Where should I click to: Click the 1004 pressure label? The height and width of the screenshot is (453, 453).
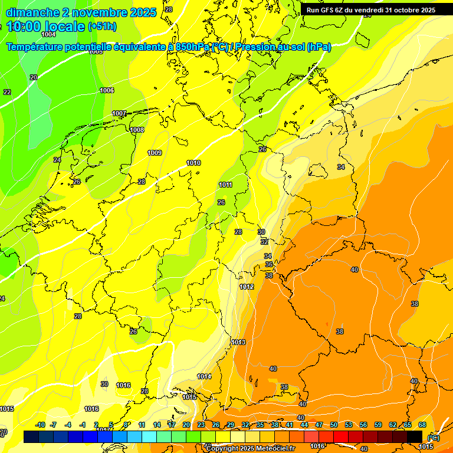click(48, 35)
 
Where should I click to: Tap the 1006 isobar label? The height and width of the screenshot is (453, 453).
click(107, 90)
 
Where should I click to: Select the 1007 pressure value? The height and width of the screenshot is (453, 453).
click(119, 113)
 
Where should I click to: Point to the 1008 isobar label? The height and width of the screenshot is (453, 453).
click(137, 130)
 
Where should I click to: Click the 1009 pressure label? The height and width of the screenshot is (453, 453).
click(155, 153)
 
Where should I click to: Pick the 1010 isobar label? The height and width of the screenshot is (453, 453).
click(193, 163)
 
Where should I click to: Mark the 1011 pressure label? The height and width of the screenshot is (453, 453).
click(225, 185)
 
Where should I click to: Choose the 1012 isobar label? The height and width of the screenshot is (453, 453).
click(247, 287)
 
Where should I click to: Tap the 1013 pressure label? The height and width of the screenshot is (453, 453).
click(238, 342)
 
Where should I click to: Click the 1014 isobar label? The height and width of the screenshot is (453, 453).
click(204, 376)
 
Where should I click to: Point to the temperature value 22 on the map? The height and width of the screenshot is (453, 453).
click(7, 92)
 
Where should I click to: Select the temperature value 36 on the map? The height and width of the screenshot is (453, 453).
click(268, 265)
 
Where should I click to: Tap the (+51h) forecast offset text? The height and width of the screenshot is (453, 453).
click(101, 27)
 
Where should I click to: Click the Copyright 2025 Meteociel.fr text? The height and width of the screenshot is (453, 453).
click(250, 449)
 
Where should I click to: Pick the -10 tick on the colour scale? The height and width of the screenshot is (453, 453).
click(40, 425)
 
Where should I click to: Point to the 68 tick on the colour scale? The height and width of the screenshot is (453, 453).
click(422, 425)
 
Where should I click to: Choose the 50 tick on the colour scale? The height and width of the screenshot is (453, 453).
click(334, 425)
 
